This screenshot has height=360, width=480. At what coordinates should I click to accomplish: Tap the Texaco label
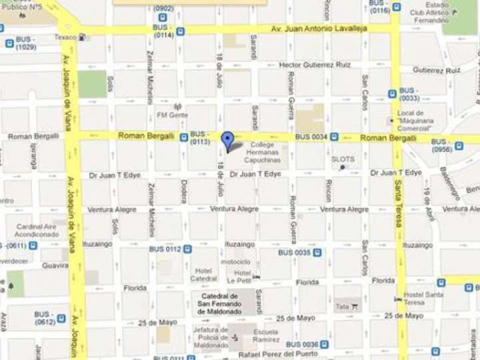click(66, 37)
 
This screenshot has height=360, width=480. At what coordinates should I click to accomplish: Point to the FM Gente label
click(172, 115)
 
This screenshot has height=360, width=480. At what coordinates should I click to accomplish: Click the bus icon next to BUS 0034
click(334, 137)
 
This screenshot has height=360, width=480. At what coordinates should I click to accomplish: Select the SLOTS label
click(343, 159)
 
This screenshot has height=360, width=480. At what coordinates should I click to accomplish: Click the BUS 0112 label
click(165, 249)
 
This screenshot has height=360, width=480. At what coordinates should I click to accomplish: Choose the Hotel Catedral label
click(204, 275)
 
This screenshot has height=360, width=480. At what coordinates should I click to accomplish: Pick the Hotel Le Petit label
click(241, 277)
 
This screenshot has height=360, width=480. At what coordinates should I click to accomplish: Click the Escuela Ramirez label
click(266, 335)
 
